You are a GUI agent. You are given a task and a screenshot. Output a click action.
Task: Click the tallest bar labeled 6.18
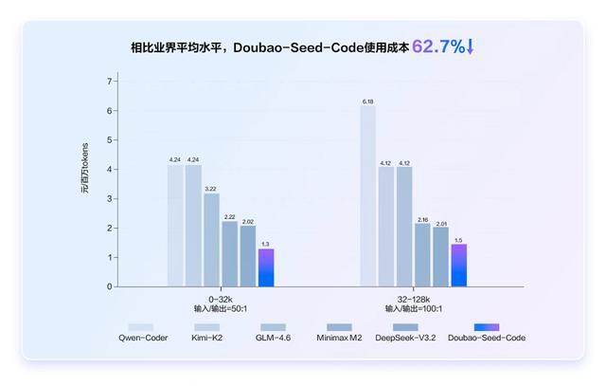click(x=367, y=195)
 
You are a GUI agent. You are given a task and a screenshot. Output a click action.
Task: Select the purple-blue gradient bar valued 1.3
click(x=266, y=267)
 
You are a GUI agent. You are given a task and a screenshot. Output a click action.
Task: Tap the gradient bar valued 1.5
click(x=458, y=265)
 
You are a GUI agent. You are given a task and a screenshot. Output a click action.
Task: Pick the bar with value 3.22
click(x=211, y=240)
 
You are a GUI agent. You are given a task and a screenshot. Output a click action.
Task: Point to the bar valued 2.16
click(x=422, y=254)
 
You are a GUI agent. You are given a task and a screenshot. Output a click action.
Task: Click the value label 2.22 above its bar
click(x=229, y=217)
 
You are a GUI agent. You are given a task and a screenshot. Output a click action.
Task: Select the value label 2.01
click(x=440, y=223)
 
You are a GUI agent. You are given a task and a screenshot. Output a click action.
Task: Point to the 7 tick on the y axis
click(x=109, y=82)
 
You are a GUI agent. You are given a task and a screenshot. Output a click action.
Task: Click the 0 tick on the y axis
click(x=109, y=286)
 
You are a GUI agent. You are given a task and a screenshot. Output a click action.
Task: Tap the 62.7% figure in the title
click(x=438, y=45)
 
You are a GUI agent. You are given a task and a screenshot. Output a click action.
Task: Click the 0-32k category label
click(x=220, y=297)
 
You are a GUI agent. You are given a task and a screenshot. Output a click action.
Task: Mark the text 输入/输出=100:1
click(x=413, y=308)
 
